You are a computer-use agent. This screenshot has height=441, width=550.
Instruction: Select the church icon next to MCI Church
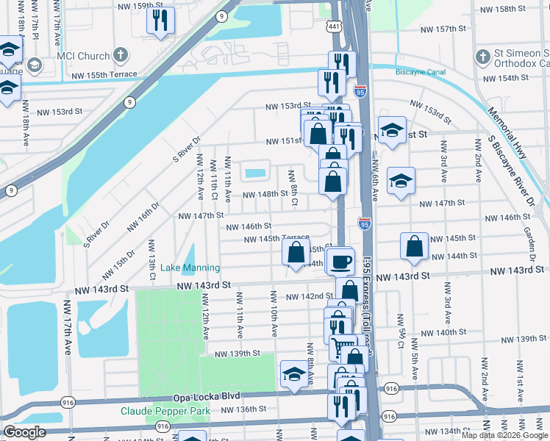pyautogui.click(x=121, y=56)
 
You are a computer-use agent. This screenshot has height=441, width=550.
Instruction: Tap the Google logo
pyautogui.click(x=24, y=432)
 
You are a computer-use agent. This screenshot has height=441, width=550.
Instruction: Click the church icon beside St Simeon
pyautogui.click(x=483, y=56)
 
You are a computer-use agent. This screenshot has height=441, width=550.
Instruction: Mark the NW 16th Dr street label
pyautogui.click(x=144, y=218)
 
